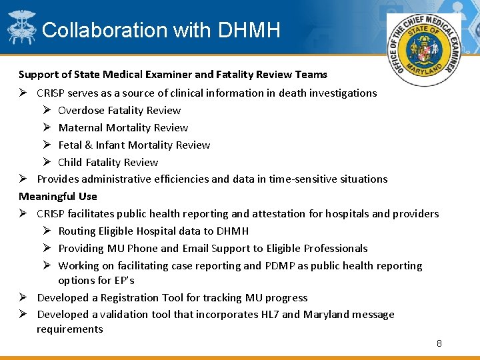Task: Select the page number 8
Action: pos(439,343)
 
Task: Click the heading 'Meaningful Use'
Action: pos(58,196)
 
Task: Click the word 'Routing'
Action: pos(77,231)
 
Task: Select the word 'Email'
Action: pos(194,248)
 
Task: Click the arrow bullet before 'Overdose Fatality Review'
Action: pos(49,110)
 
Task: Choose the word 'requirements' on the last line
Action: pos(70,329)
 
